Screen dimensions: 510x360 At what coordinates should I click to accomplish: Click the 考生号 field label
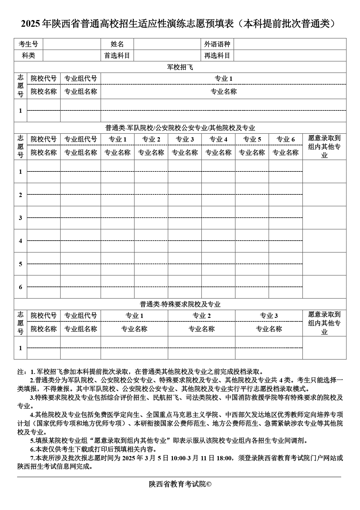click(x=28, y=44)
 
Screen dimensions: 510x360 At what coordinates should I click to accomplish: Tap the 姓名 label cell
click(x=117, y=44)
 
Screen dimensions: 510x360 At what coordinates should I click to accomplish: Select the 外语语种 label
click(x=217, y=44)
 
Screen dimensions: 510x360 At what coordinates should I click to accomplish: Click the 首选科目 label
click(x=117, y=56)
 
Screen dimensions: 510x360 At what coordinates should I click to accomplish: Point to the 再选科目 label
click(x=217, y=56)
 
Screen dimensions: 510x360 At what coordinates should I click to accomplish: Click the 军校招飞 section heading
click(x=180, y=67)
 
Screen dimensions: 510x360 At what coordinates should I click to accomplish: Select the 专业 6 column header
click(x=285, y=139)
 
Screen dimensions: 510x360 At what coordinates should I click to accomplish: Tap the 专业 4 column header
click(x=218, y=139)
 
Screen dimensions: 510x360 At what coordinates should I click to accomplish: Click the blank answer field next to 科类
click(x=72, y=56)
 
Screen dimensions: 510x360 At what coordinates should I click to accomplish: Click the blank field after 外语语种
click(x=290, y=44)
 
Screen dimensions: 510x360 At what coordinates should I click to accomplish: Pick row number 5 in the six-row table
click(x=20, y=264)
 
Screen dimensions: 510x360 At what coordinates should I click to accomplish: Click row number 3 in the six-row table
click(x=20, y=218)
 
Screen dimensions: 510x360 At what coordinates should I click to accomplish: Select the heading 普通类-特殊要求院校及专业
click(x=180, y=304)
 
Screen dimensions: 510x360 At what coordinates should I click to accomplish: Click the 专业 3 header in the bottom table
click(x=269, y=316)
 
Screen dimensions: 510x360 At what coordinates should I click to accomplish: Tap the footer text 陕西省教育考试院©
click(x=180, y=484)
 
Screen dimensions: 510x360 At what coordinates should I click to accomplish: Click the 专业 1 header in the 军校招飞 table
click(x=223, y=79)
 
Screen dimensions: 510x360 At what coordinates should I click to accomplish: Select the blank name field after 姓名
click(x=167, y=44)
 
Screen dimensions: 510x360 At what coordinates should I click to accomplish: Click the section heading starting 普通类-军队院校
click(x=180, y=128)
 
